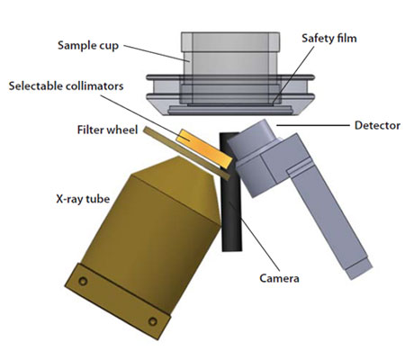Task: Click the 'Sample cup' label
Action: (x=88, y=46)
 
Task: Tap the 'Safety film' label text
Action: (x=329, y=39)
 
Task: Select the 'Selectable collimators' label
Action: (x=66, y=86)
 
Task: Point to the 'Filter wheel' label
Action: (x=107, y=130)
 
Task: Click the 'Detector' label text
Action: (x=377, y=125)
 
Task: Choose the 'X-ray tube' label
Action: (x=83, y=199)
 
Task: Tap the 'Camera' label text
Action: (x=279, y=278)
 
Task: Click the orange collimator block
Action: (x=205, y=148)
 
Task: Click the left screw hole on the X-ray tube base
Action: (x=83, y=281)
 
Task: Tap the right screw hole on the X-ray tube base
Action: (x=153, y=321)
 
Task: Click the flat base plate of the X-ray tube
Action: (x=118, y=301)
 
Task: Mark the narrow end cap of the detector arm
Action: (x=359, y=268)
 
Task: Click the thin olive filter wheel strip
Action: (x=186, y=153)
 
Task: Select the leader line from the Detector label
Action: (x=313, y=125)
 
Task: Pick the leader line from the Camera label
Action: (x=254, y=236)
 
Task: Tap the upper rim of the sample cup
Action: (x=230, y=38)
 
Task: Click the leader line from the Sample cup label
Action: (x=156, y=53)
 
